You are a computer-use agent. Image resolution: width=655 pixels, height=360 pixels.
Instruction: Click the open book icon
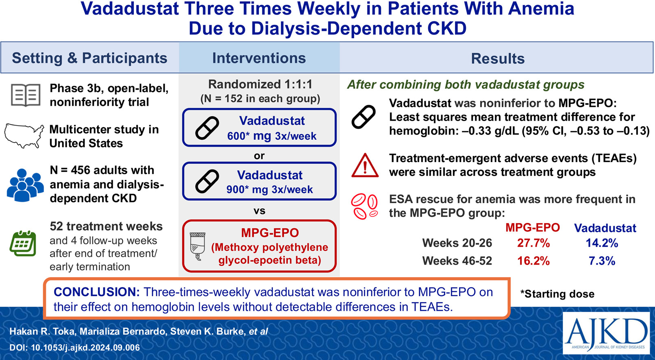[26, 95]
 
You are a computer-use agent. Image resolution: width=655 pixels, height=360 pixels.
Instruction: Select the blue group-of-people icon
[25, 185]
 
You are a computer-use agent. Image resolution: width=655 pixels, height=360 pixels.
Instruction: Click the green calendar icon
[23, 243]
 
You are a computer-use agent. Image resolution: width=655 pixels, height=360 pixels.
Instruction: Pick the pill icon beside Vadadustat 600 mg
[207, 128]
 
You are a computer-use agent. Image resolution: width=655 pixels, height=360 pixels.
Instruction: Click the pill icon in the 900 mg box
[207, 181]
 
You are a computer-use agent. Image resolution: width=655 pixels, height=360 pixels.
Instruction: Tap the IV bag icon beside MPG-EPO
[198, 246]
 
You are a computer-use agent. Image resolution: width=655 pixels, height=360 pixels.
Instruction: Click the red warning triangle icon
[365, 165]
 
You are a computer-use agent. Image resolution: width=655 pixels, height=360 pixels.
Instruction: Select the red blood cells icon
[365, 206]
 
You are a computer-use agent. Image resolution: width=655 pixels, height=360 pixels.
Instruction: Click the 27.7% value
[533, 243]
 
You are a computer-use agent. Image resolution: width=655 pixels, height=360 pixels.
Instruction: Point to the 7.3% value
[602, 261]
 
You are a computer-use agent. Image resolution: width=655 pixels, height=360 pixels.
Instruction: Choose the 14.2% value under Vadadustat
[602, 243]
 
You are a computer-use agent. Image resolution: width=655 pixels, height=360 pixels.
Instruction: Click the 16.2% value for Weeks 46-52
[533, 261]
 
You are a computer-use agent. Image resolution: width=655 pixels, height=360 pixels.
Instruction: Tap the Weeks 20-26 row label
[457, 243]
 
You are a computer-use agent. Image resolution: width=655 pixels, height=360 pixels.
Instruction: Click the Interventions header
[259, 58]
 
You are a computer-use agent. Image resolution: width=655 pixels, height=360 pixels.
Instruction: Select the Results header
[498, 59]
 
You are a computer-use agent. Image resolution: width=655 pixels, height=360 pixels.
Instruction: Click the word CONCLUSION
[97, 292]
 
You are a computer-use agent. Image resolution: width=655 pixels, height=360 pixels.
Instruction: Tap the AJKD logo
[606, 333]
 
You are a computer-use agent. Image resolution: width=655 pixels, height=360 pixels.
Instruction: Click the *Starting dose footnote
[557, 294]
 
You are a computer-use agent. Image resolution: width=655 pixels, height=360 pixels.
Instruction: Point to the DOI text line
[75, 347]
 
